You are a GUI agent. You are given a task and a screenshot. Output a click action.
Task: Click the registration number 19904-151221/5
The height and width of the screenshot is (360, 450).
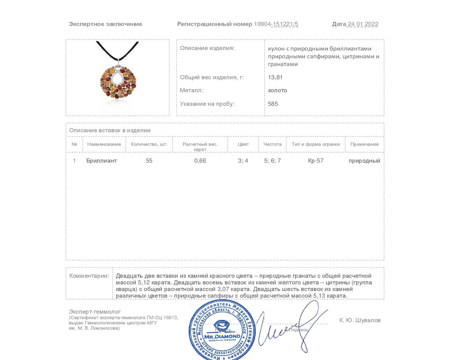[276, 24]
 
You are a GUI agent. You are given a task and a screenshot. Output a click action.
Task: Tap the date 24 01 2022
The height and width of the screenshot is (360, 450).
[363, 24]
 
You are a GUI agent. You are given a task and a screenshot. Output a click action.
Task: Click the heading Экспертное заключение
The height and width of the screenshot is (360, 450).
[105, 24]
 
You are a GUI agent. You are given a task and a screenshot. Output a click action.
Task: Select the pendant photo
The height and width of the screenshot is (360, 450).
[118, 77]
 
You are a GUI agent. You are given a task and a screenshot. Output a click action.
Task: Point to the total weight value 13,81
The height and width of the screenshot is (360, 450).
[275, 77]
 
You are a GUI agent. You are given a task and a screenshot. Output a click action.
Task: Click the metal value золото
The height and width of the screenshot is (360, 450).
[277, 90]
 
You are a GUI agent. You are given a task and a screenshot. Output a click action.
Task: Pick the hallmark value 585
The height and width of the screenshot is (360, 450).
[273, 104]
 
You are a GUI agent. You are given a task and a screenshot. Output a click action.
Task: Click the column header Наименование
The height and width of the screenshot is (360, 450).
[104, 144]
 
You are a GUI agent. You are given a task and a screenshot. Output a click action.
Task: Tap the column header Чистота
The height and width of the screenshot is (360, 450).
[272, 144]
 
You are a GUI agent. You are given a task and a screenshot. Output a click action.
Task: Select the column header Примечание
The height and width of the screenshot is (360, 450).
[365, 144]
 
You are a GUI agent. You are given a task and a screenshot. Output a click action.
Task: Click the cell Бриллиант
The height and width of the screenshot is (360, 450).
[102, 161]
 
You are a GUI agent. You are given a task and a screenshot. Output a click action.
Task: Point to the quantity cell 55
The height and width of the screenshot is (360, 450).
[149, 161]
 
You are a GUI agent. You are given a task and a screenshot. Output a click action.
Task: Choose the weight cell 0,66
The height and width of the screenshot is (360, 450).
[200, 161]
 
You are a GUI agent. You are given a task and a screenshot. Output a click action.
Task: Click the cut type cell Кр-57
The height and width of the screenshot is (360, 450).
[316, 161]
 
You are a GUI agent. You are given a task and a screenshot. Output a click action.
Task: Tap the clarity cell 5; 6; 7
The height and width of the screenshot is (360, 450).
[272, 161]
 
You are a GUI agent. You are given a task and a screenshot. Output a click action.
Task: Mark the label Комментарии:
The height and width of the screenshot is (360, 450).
[89, 276]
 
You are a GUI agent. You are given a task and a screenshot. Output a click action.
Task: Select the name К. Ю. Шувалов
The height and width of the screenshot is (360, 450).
[360, 320]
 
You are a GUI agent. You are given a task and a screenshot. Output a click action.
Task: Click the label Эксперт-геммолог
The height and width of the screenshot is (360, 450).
[95, 311]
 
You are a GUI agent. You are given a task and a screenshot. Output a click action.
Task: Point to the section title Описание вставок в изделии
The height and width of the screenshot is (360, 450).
[110, 130]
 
